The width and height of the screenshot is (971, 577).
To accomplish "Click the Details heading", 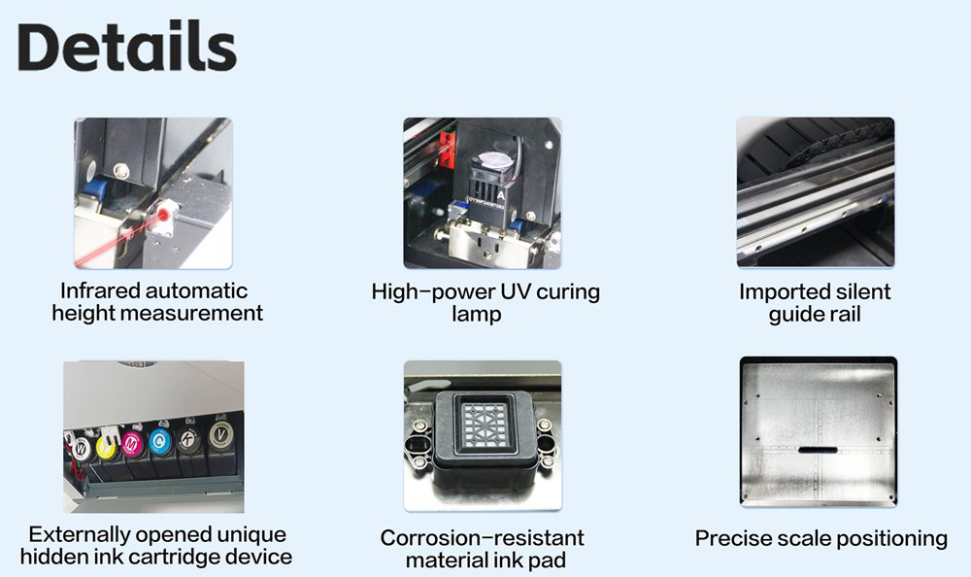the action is tap(127, 47).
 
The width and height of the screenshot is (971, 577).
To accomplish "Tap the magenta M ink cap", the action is tap(132, 443).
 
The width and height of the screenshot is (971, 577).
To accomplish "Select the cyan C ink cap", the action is tap(160, 441).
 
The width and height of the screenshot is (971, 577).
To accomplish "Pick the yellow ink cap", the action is tap(106, 447).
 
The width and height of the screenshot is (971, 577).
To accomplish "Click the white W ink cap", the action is tap(82, 447).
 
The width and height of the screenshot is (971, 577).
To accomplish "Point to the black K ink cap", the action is tap(189, 439).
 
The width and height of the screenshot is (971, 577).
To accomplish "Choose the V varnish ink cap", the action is tap(220, 435).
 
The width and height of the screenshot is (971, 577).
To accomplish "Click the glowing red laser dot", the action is tap(163, 215).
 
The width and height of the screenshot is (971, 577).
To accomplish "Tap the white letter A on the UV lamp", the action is tap(501, 194).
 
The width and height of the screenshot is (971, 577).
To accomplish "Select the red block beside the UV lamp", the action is tap(447, 150).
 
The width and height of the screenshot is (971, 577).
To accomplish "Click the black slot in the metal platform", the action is tap(818, 450).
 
